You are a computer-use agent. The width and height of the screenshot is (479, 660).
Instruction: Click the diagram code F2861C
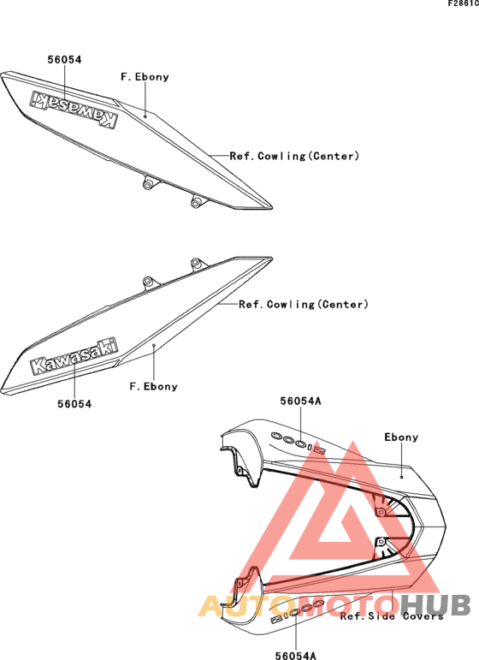click(463, 3)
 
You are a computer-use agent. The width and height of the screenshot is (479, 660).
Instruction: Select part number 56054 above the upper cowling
click(64, 59)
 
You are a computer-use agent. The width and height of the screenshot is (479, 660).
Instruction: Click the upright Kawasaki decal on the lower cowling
click(74, 355)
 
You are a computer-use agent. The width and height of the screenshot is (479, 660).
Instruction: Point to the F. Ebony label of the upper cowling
click(145, 77)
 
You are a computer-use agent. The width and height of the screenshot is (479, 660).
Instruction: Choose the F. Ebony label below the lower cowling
click(153, 386)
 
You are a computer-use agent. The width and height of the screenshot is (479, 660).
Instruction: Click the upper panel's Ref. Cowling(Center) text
click(294, 156)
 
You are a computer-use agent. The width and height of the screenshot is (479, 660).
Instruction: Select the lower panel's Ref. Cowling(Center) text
click(303, 305)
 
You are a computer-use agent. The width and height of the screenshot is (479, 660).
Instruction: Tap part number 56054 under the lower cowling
click(74, 404)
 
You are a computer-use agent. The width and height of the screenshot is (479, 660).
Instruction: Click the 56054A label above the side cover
click(301, 401)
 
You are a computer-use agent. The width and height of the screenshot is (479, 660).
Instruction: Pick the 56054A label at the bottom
click(296, 656)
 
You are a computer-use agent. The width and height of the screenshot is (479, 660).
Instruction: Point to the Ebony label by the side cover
click(401, 437)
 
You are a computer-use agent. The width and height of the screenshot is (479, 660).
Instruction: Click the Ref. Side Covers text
click(392, 616)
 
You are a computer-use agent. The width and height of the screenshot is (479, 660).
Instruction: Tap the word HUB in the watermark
click(435, 605)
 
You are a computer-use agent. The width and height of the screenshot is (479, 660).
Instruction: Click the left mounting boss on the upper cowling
click(148, 183)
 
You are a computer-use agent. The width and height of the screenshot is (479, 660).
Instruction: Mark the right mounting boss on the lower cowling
click(196, 264)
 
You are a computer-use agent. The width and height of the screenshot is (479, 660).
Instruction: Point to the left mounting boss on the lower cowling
click(148, 282)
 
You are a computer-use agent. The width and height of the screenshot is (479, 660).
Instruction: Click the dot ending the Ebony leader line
click(402, 477)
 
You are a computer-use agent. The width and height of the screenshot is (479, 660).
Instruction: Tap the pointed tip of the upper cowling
click(272, 207)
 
